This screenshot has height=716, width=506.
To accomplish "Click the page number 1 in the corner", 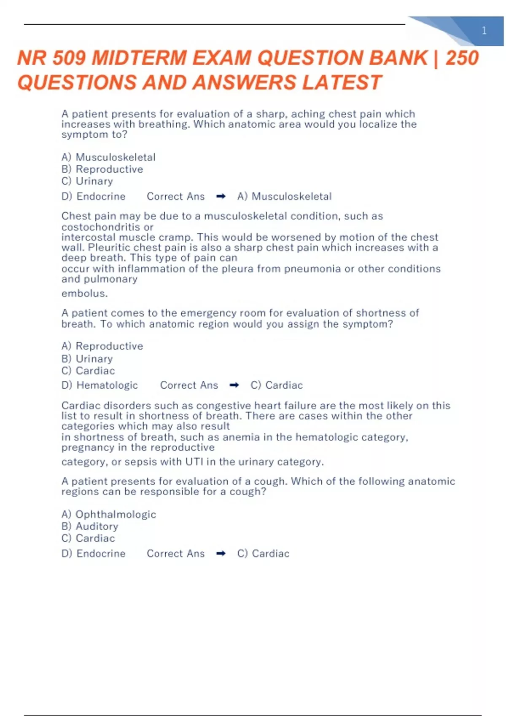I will (x=484, y=31).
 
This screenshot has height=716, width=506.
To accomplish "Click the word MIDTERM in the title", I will (x=139, y=58).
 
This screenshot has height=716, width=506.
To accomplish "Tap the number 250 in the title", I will (x=462, y=58).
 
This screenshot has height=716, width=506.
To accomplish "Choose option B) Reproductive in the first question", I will (x=102, y=169).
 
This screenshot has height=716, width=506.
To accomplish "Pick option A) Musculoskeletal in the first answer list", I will (x=108, y=158).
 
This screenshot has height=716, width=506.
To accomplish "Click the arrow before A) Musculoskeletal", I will (x=221, y=196).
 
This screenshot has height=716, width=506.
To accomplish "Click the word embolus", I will (x=84, y=294).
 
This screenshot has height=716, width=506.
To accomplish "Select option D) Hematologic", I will (x=100, y=385).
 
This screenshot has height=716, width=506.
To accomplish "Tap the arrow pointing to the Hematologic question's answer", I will (x=234, y=385).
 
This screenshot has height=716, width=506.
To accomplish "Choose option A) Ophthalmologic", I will (x=109, y=514).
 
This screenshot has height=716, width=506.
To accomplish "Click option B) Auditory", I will (x=90, y=526).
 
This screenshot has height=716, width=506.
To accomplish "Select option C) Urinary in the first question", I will (x=87, y=181).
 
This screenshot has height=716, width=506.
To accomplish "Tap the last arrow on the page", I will (x=221, y=553).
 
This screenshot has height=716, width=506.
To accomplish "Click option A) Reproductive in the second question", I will (x=102, y=346).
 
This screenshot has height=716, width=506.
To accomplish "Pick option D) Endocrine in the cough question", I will (x=94, y=553).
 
